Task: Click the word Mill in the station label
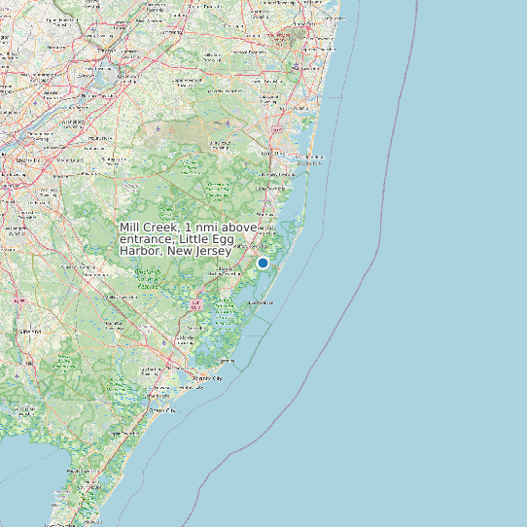pyautogui.click(x=129, y=228)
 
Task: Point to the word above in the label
pyautogui.click(x=237, y=228)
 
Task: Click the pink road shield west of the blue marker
pyautogui.click(x=197, y=304)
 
